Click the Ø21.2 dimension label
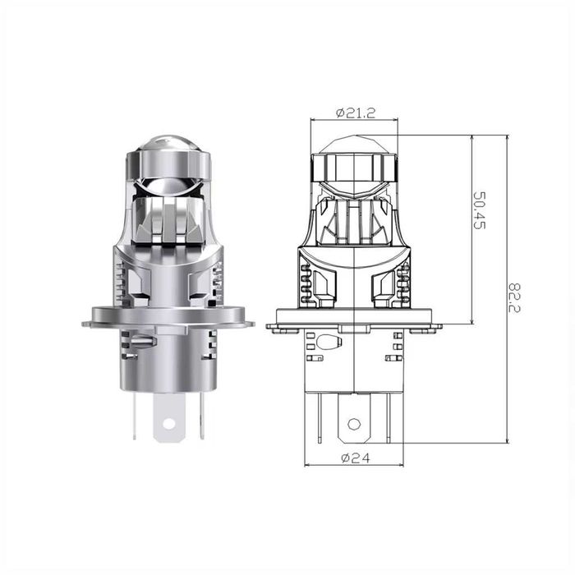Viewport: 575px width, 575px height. pos(355,113)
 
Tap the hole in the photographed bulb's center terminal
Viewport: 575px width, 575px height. pos(168,424)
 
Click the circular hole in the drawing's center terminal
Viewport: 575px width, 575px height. pos(353,424)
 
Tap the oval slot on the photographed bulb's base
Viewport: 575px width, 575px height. pos(141,339)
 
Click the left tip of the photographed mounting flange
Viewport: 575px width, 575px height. pos(86,324)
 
